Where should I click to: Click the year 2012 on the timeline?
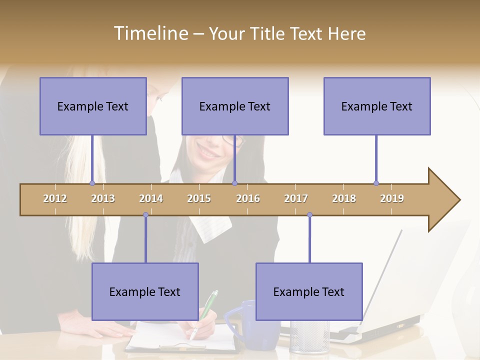[55, 198]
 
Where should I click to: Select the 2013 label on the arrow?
[103, 198]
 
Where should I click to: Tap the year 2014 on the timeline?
[151, 198]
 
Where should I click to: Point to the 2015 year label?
[199, 198]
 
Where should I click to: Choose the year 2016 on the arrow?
[248, 198]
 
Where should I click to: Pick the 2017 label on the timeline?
[296, 198]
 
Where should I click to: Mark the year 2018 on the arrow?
[344, 198]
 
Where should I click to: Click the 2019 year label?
[392, 198]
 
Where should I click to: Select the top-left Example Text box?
[93, 106]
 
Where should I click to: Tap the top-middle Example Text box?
[235, 106]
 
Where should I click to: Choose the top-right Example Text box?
[377, 106]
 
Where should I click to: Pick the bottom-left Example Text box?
[145, 291]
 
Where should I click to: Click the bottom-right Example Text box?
[309, 291]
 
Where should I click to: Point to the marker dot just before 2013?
[92, 183]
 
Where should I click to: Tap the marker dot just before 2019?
[376, 183]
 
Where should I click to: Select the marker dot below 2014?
[145, 214]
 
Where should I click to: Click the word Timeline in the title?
[150, 33]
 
